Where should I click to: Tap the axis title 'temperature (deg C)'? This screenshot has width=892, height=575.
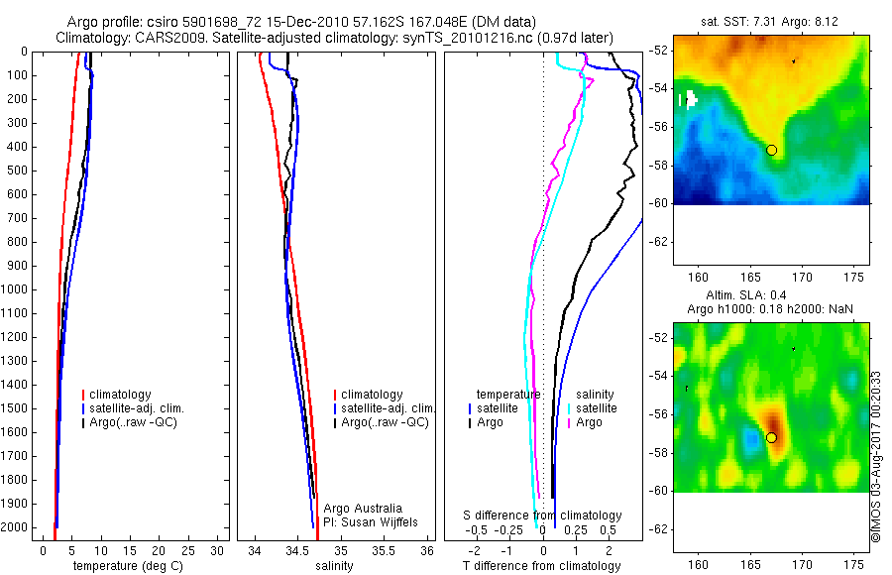(126, 565)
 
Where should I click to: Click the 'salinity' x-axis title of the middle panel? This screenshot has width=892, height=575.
(333, 565)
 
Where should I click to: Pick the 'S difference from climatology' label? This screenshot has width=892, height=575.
(543, 516)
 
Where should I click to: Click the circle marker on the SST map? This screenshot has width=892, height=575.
(771, 150)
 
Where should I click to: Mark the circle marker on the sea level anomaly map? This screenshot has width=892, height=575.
(771, 437)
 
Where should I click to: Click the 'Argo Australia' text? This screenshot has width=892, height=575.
(363, 508)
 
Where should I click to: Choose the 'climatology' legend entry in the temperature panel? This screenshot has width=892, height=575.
(120, 395)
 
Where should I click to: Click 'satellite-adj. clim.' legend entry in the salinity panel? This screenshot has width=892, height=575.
(389, 408)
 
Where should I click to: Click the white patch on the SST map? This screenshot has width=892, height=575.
(688, 99)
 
